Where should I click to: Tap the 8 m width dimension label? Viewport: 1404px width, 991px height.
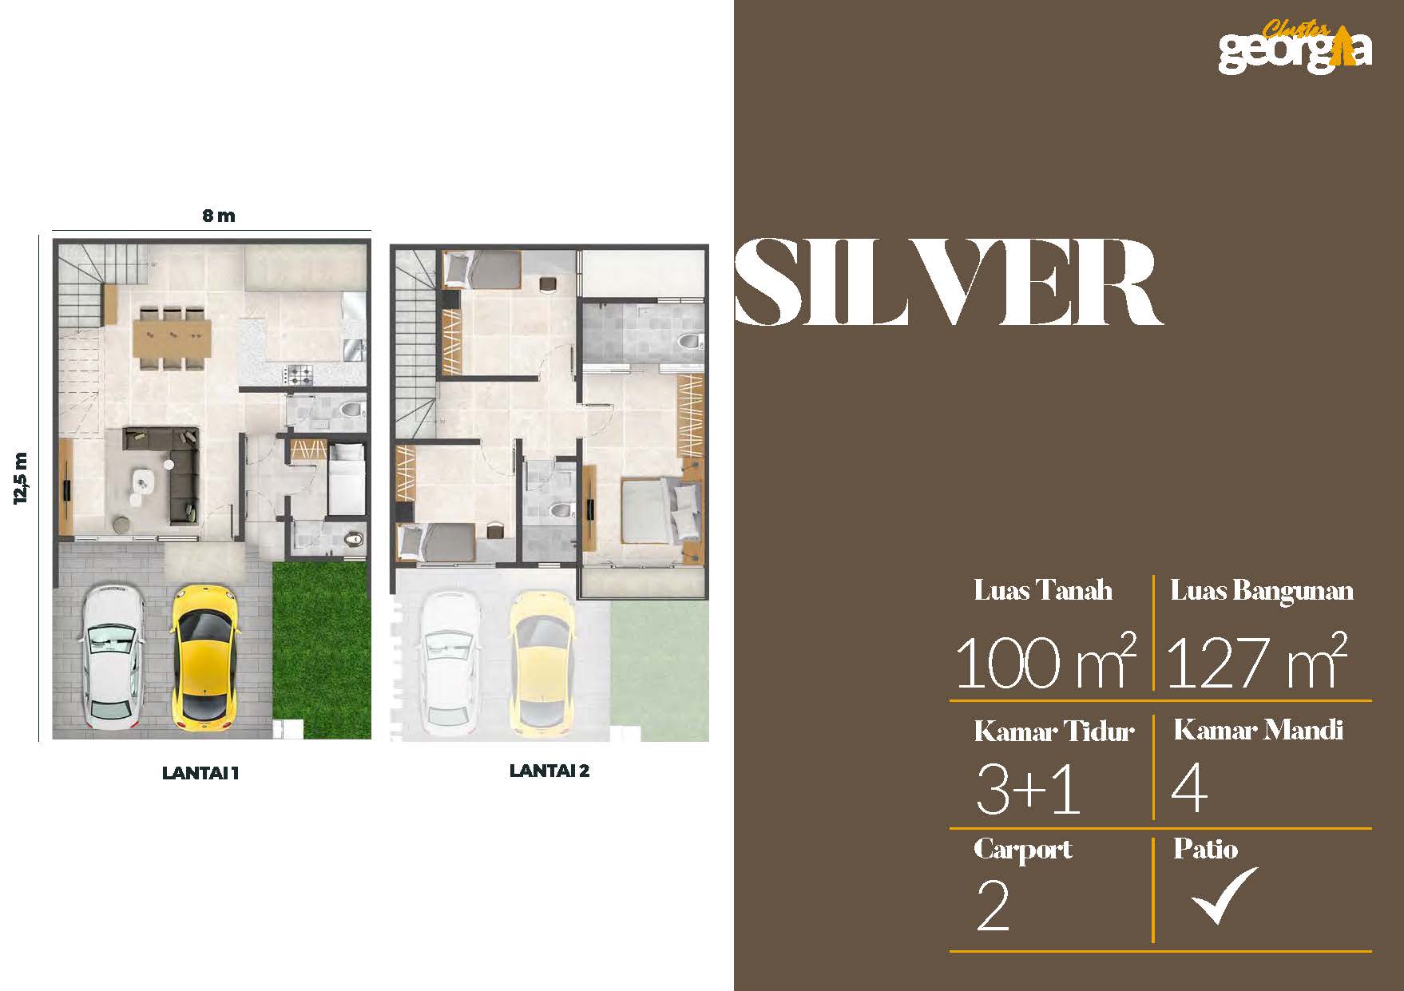point(218,216)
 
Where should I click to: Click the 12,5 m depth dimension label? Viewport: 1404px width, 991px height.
point(21,478)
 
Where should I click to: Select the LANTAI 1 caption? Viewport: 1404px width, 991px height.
point(200,773)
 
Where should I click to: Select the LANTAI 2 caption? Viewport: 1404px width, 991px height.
point(549,771)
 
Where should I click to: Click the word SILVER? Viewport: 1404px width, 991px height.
point(948,283)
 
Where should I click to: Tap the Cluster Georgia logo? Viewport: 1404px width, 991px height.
point(1295,46)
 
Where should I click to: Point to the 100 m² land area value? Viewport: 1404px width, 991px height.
point(1045,661)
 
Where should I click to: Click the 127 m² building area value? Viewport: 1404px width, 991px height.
point(1256,661)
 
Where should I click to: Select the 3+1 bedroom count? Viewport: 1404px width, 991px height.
point(1029,789)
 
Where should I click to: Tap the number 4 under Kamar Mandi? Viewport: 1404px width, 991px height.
point(1189,789)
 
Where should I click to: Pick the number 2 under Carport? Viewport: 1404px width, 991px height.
point(993,907)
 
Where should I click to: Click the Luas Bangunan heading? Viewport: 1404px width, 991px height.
point(1262,590)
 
